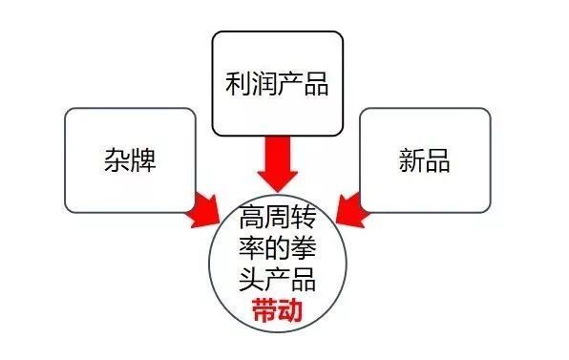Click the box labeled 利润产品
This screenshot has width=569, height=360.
[277, 84]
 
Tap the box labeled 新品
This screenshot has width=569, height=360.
[424, 159]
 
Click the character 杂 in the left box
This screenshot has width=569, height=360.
[114, 159]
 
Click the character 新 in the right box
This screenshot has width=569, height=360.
[410, 159]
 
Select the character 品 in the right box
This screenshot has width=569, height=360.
[438, 159]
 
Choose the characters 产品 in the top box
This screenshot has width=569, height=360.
[306, 85]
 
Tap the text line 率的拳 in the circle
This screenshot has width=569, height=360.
[278, 248]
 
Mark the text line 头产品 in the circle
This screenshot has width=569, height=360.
[278, 280]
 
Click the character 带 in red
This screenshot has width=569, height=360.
[264, 310]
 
